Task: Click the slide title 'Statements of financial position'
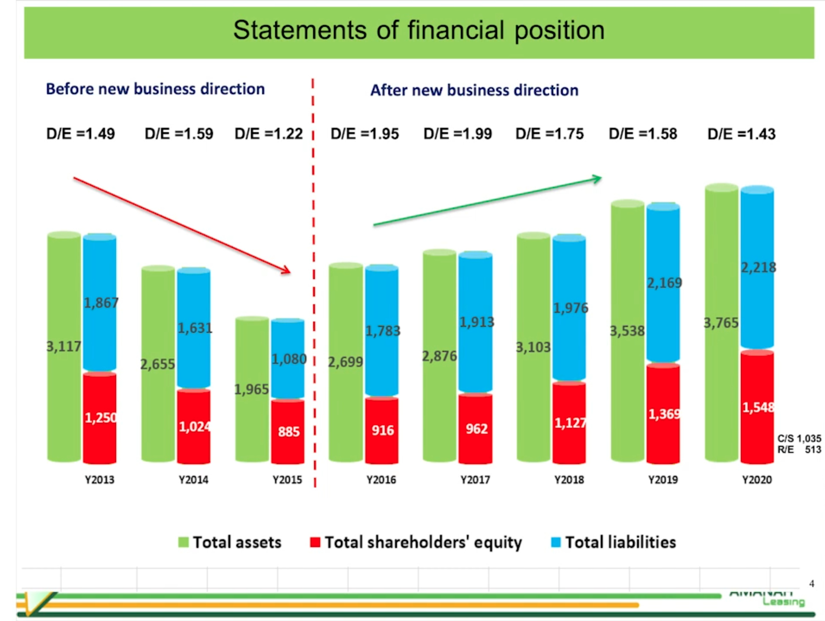click(419, 30)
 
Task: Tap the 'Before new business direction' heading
click(155, 89)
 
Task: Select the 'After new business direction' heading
click(474, 90)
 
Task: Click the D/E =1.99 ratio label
click(457, 134)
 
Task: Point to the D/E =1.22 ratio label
click(268, 134)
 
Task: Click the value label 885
click(289, 431)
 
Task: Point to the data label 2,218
click(758, 268)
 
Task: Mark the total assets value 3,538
click(627, 331)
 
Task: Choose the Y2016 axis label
click(381, 480)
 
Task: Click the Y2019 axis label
click(663, 480)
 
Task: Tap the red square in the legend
click(315, 542)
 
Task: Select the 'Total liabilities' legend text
click(620, 542)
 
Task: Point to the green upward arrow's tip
click(598, 178)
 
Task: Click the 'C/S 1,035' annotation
click(799, 439)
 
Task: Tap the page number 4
click(812, 584)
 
